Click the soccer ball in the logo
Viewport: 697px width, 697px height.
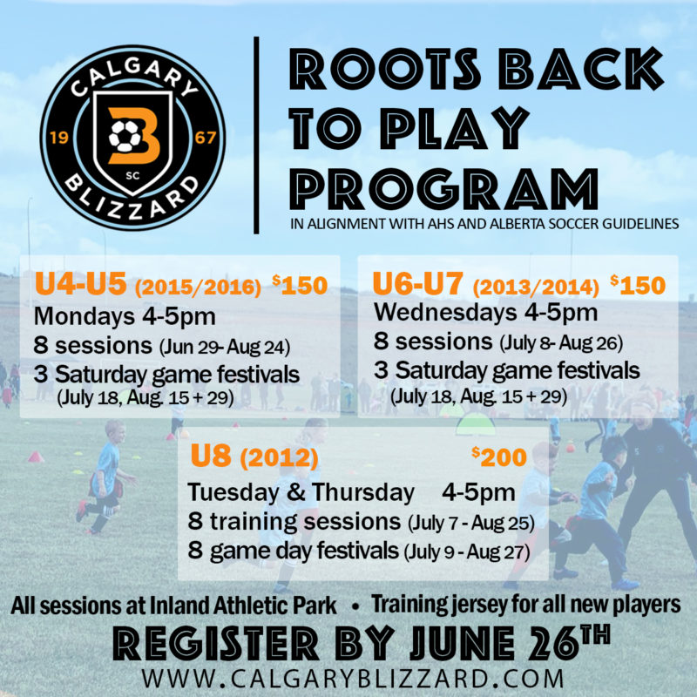coord(125,136)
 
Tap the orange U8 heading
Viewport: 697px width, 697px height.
coord(210,457)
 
